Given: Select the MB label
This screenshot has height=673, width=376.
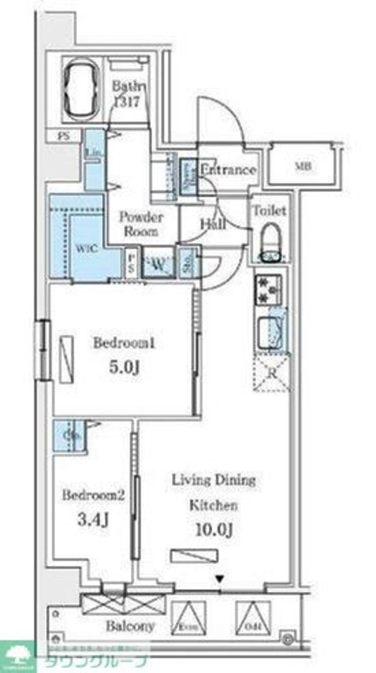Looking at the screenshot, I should pos(305,167).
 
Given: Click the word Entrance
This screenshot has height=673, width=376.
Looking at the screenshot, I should pos(228,170).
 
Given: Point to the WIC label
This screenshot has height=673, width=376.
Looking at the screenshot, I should pos(86,248).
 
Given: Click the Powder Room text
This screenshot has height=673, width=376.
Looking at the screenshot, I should pos(141,224).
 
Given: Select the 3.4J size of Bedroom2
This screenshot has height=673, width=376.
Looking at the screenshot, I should pos(93,520).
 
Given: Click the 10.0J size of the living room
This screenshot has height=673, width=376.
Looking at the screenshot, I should pos(213,531).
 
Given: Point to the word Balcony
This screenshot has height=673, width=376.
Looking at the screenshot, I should pos(130,626).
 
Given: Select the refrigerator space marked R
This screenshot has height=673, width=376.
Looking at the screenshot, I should pos(271,376).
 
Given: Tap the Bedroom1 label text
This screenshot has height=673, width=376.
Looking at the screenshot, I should pos(123,344).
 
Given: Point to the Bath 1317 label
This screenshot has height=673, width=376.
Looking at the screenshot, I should pos(130,94).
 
